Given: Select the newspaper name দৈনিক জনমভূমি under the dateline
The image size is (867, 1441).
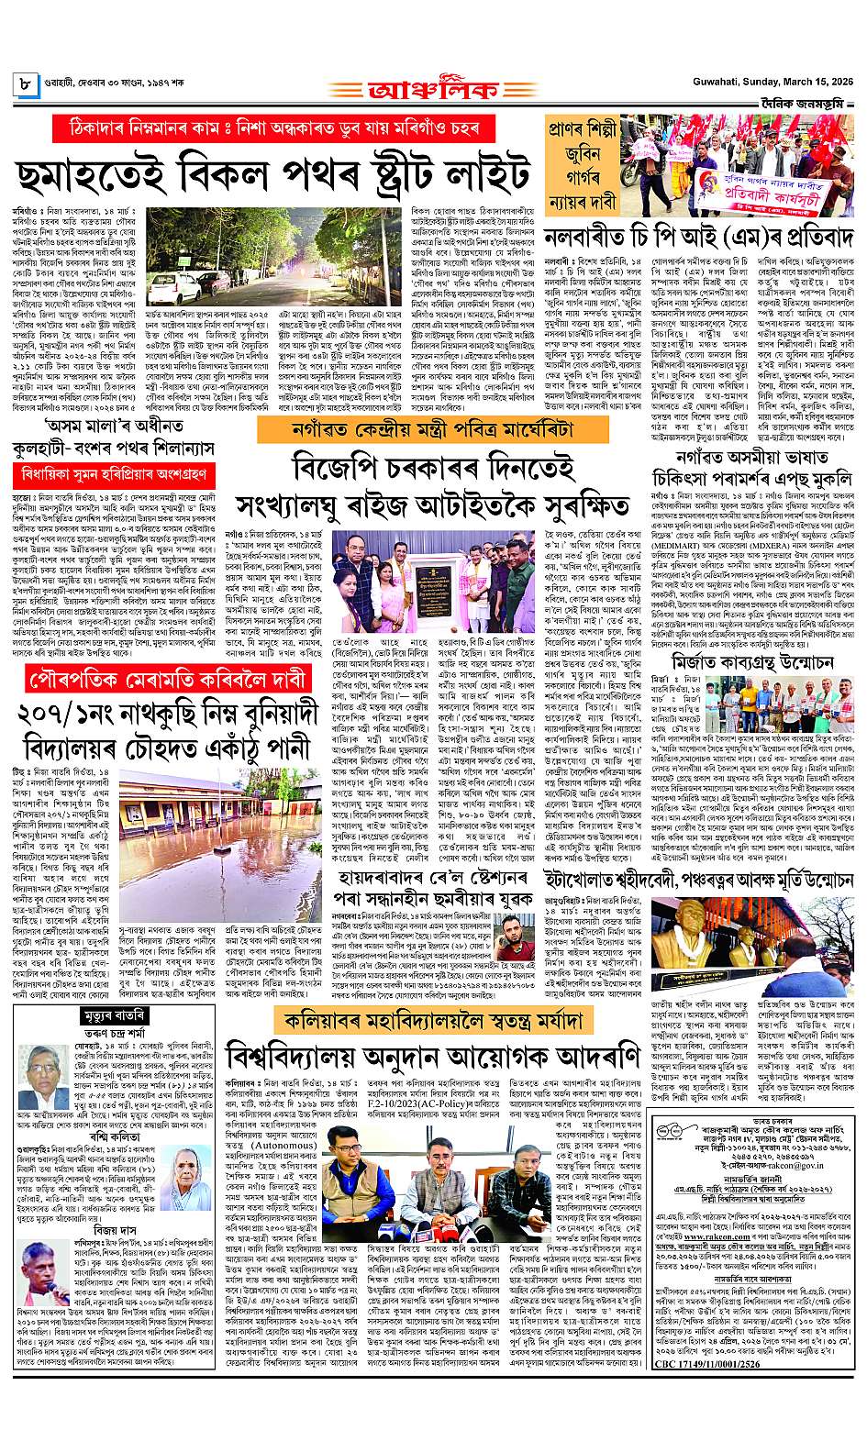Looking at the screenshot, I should [805, 103].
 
